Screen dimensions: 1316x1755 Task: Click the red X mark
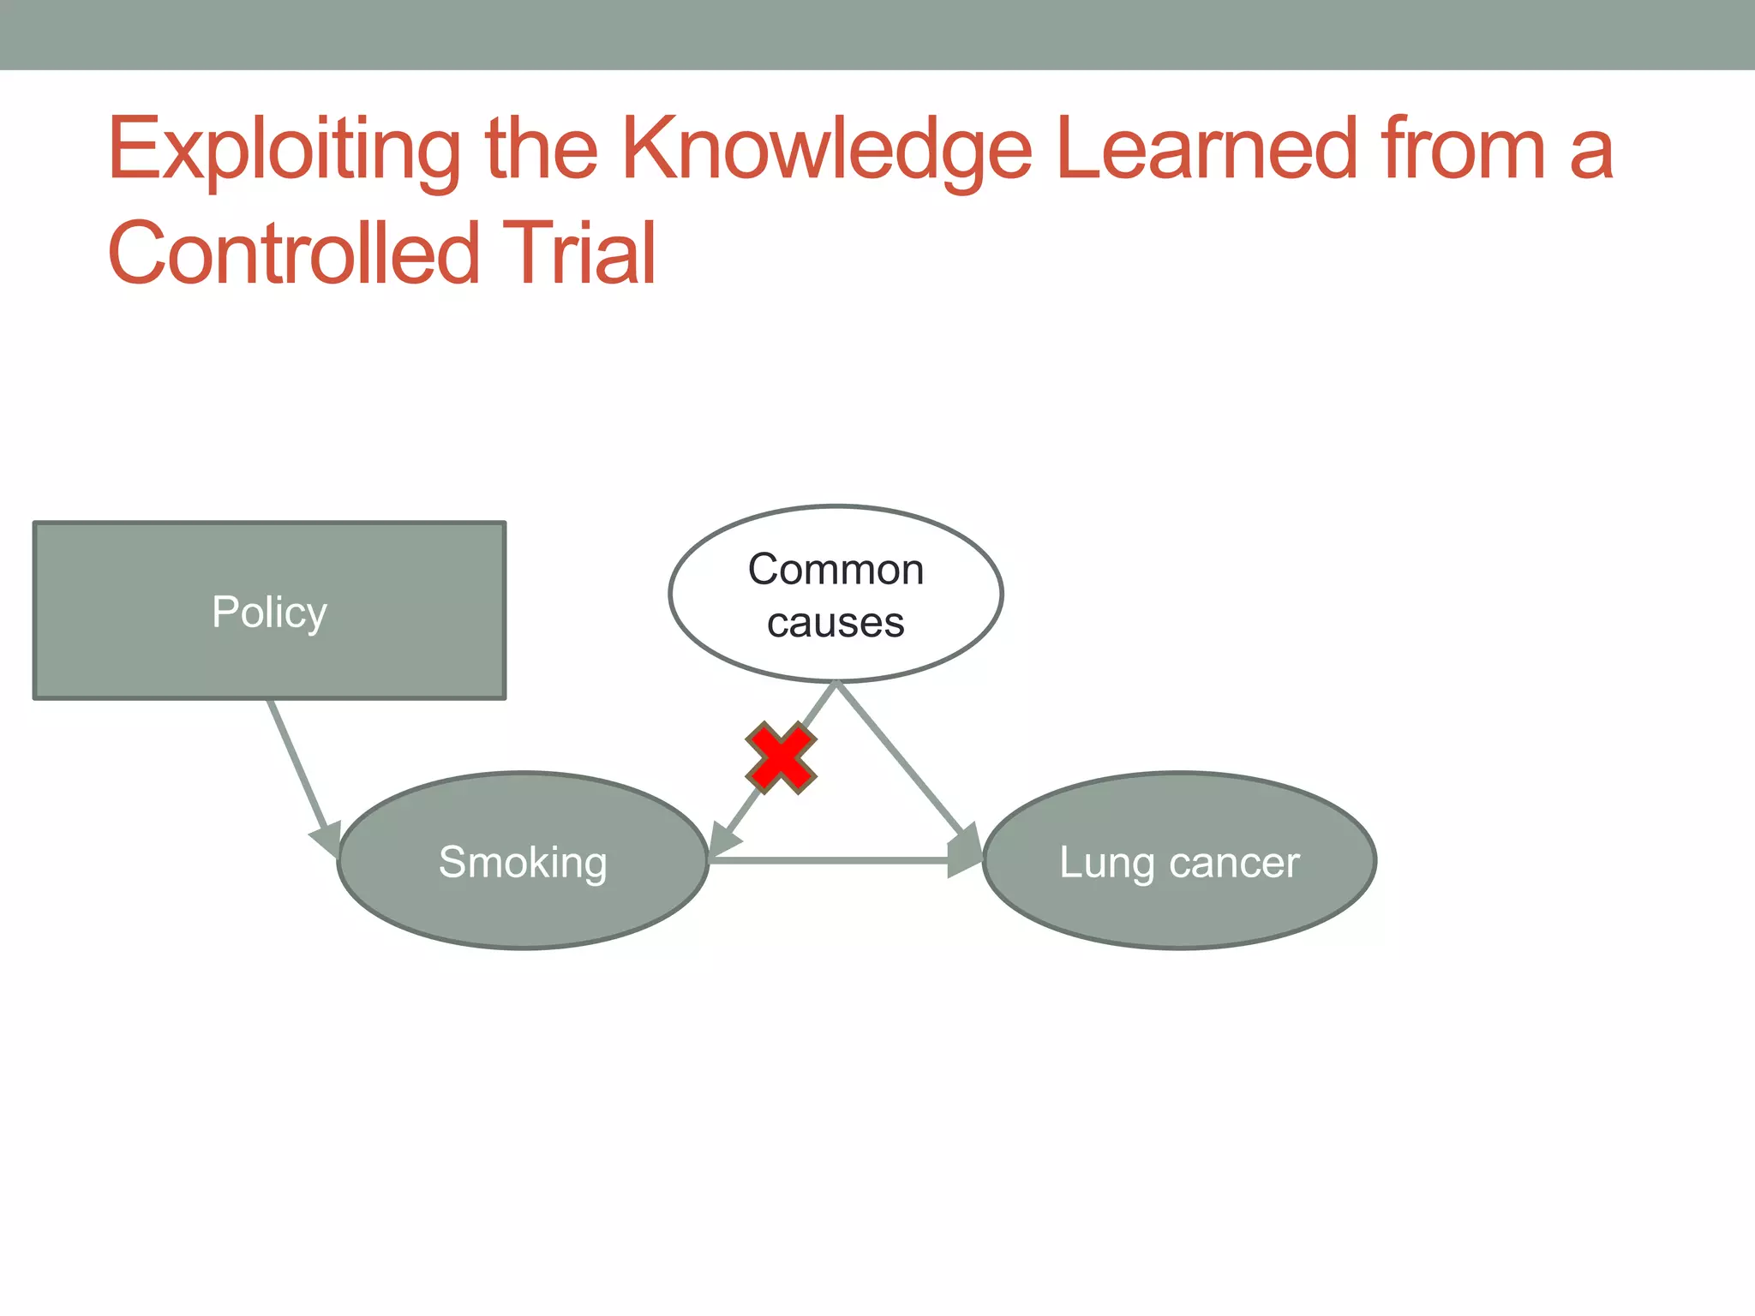point(781,758)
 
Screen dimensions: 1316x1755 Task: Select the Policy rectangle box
point(269,611)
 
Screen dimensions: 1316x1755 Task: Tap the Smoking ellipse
point(523,861)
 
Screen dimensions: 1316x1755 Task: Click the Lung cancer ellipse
point(1179,861)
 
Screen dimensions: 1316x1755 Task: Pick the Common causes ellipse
point(836,594)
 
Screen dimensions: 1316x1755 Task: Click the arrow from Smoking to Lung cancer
point(831,859)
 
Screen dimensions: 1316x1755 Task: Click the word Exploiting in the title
point(284,150)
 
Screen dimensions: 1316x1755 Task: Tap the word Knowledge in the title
point(826,150)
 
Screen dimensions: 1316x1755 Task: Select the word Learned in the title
point(1207,150)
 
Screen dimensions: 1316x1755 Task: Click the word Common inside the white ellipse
point(836,570)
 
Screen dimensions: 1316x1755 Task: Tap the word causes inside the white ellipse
point(836,623)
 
